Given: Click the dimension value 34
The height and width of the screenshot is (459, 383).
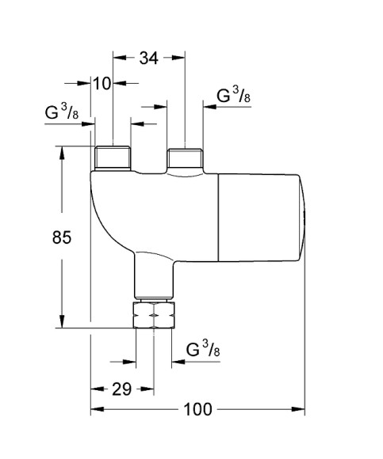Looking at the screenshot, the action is click(149, 58).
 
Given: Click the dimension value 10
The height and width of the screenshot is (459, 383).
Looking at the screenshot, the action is click(102, 83).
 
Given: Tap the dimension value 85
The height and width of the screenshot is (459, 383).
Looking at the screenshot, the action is click(62, 237).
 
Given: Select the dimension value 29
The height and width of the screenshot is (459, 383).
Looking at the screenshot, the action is click(121, 389).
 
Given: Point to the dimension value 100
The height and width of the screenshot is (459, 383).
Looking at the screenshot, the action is click(197, 409).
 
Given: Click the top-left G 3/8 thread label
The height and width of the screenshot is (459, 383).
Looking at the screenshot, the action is click(62, 112).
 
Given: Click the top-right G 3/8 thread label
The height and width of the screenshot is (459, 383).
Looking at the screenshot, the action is click(234, 95).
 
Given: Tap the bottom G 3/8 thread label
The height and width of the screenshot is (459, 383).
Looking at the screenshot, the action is click(203, 348).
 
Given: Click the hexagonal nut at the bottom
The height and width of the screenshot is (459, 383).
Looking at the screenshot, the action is click(154, 315).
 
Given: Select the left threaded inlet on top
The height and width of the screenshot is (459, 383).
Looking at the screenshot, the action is click(113, 158).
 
